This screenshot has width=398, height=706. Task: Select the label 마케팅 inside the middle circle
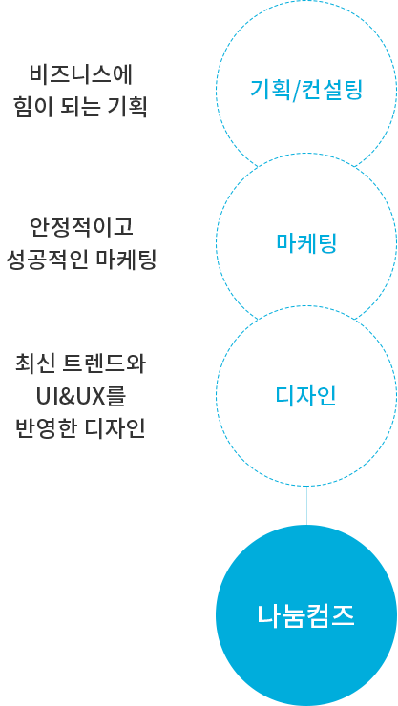point(306,242)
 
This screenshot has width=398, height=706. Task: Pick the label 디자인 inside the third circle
point(306,396)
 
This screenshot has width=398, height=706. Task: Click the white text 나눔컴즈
point(306,615)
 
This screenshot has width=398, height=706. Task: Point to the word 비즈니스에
point(81,74)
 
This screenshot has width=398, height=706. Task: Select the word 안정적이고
point(81,226)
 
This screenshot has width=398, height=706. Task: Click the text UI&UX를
point(81,396)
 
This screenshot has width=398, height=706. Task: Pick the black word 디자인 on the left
point(115,428)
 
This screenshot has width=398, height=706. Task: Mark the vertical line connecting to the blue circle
point(306,506)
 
